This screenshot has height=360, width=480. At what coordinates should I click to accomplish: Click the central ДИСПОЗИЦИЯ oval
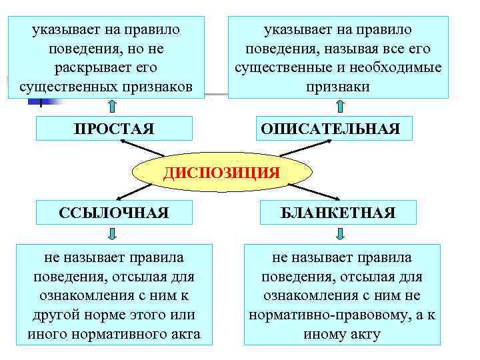point(222,173)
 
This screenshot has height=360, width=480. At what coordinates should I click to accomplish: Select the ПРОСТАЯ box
point(114,129)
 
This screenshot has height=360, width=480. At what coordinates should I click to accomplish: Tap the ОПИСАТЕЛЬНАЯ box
point(331,129)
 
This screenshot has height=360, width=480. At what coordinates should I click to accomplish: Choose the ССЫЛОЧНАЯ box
point(114,213)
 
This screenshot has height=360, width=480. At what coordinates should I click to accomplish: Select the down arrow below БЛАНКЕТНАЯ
point(340,233)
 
